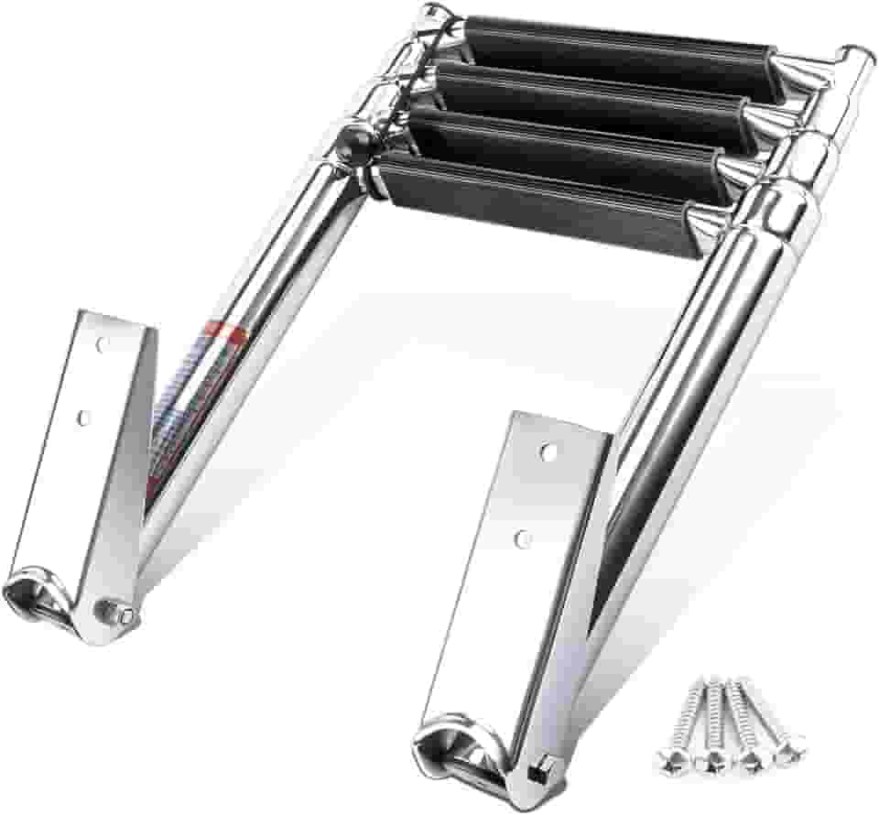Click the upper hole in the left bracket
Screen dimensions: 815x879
tap(102, 344)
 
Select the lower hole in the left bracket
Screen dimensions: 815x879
tap(83, 417)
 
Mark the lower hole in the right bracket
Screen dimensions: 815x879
tap(524, 537)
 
